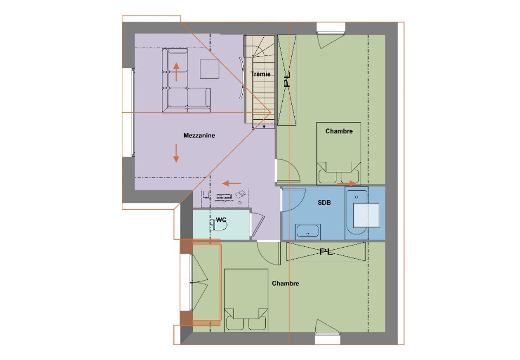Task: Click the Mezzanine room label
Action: [x=199, y=136]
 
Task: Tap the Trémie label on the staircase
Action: [x=261, y=74]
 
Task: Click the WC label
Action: [x=221, y=220]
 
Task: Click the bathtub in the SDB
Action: [x=356, y=214]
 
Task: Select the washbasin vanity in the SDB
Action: [x=308, y=232]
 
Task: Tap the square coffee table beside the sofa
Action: [x=209, y=69]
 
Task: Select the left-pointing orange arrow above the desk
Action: [x=232, y=183]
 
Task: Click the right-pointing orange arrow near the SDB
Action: [x=347, y=183]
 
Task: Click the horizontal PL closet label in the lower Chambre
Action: [x=326, y=252]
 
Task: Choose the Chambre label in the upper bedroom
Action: [x=339, y=131]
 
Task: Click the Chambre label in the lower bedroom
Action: [x=285, y=284]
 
